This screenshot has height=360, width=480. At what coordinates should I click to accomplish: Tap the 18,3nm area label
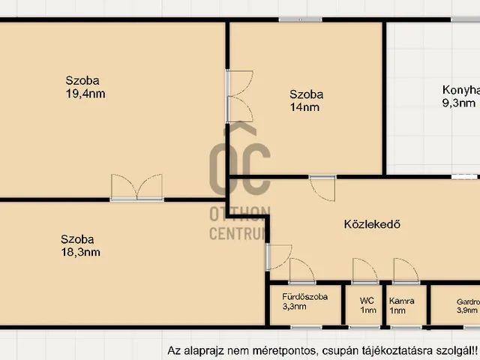(x=81, y=253)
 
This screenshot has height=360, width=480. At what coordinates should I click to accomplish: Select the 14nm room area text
(x=305, y=107)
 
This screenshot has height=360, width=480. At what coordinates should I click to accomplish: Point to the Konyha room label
(x=460, y=89)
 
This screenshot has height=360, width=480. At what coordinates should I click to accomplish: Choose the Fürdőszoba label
(x=304, y=296)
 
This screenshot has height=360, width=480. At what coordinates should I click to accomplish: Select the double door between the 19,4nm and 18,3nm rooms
(x=136, y=187)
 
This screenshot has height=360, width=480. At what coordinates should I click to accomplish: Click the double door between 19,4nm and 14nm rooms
(x=240, y=96)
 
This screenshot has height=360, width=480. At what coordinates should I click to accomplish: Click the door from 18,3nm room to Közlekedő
(x=280, y=259)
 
